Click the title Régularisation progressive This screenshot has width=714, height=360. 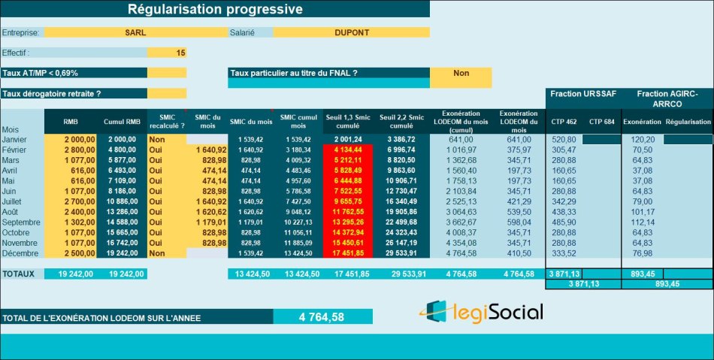click(x=215, y=9)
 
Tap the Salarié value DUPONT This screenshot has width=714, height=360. click(x=351, y=32)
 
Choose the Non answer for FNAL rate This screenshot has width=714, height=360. click(x=461, y=73)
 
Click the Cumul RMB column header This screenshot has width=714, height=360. click(x=122, y=122)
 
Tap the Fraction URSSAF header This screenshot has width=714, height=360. click(x=583, y=93)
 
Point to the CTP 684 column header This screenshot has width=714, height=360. click(x=601, y=122)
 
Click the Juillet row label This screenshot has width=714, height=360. click(x=14, y=202)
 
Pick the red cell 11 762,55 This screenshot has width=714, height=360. click(x=347, y=213)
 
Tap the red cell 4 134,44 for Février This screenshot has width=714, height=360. click(x=347, y=150)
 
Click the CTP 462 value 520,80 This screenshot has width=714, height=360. click(x=564, y=140)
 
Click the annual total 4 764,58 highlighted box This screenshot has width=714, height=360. click(x=322, y=317)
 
